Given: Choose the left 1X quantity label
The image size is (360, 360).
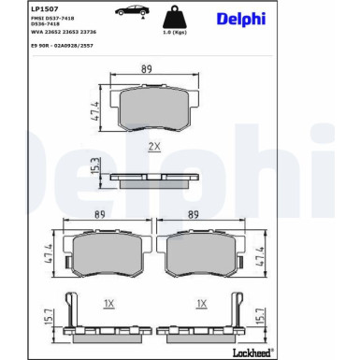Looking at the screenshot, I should (x=108, y=304).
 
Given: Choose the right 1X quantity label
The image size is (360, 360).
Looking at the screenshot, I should (x=202, y=304).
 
